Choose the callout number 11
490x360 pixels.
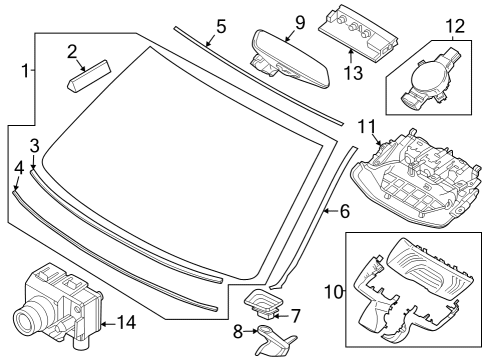coord(365,127)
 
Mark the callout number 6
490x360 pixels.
coord(344,212)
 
